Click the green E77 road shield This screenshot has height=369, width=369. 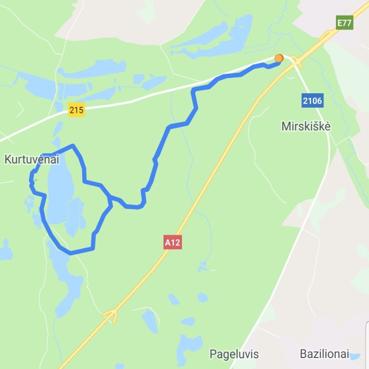point(344,23)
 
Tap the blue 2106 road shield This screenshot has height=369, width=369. point(312,101)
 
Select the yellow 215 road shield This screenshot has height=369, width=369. point(77,110)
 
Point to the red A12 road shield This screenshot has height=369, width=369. point(172,243)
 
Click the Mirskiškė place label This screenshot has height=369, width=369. point(306,126)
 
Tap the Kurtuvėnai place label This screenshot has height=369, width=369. point(32,160)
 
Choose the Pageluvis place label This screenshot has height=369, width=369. point(234,354)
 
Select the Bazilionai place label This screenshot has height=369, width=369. point(324,354)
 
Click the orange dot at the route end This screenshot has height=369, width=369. point(279,59)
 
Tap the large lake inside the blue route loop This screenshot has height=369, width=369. point(59,193)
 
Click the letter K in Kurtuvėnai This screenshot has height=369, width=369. point(8,160)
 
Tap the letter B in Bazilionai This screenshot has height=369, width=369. point(303,354)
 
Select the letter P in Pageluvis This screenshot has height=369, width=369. point(212,354)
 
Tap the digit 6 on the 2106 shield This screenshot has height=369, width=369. point(319,101)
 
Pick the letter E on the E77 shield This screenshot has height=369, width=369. point(339,23)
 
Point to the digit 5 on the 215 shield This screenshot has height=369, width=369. point(81,110)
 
